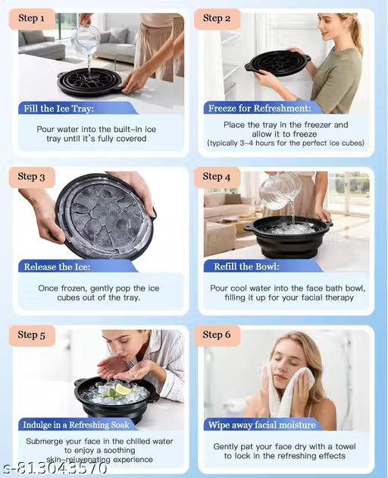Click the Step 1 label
pyautogui.click(x=32, y=18)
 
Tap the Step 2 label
pyautogui.click(x=217, y=18)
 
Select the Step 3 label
pyautogui.click(x=32, y=177)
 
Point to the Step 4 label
pyautogui.click(x=217, y=177)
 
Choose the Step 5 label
pyautogui.click(x=32, y=335)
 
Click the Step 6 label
pyautogui.click(x=217, y=335)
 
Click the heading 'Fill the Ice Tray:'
pyautogui.click(x=60, y=108)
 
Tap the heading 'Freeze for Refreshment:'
pyautogui.click(x=260, y=108)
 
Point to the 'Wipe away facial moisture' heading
pyautogui.click(x=262, y=425)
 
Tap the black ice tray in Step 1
pyautogui.click(x=89, y=82)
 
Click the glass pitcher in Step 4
pyautogui.click(x=280, y=190)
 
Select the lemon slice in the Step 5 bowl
pyautogui.click(x=123, y=390)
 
